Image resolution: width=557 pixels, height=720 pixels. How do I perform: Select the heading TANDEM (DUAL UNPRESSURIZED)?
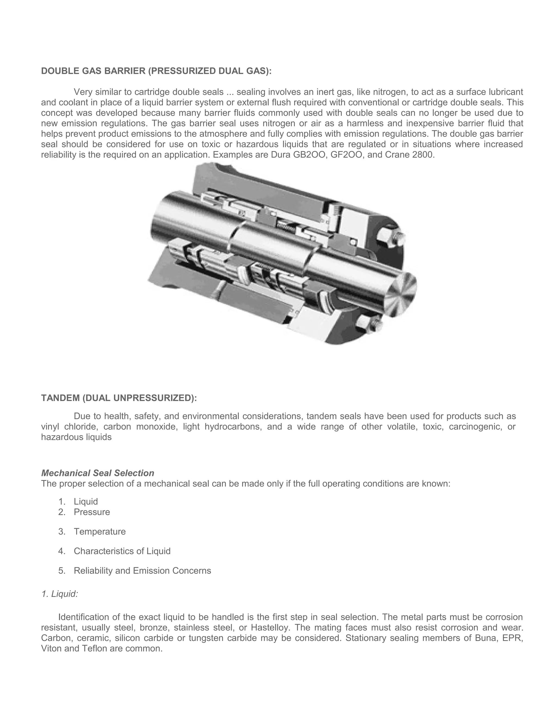click(x=119, y=398)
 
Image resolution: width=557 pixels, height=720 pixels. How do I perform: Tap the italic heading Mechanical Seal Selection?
click(x=98, y=473)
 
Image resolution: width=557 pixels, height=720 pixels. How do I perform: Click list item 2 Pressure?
click(x=92, y=512)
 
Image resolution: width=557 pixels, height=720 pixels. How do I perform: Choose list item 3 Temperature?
click(x=100, y=531)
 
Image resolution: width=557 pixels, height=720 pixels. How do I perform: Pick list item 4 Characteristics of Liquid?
click(x=122, y=551)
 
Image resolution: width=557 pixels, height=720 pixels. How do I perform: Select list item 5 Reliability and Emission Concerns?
click(x=142, y=571)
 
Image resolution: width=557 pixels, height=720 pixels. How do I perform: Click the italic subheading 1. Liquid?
click(x=60, y=594)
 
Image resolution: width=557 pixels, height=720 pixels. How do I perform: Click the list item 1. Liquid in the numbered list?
click(x=85, y=502)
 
